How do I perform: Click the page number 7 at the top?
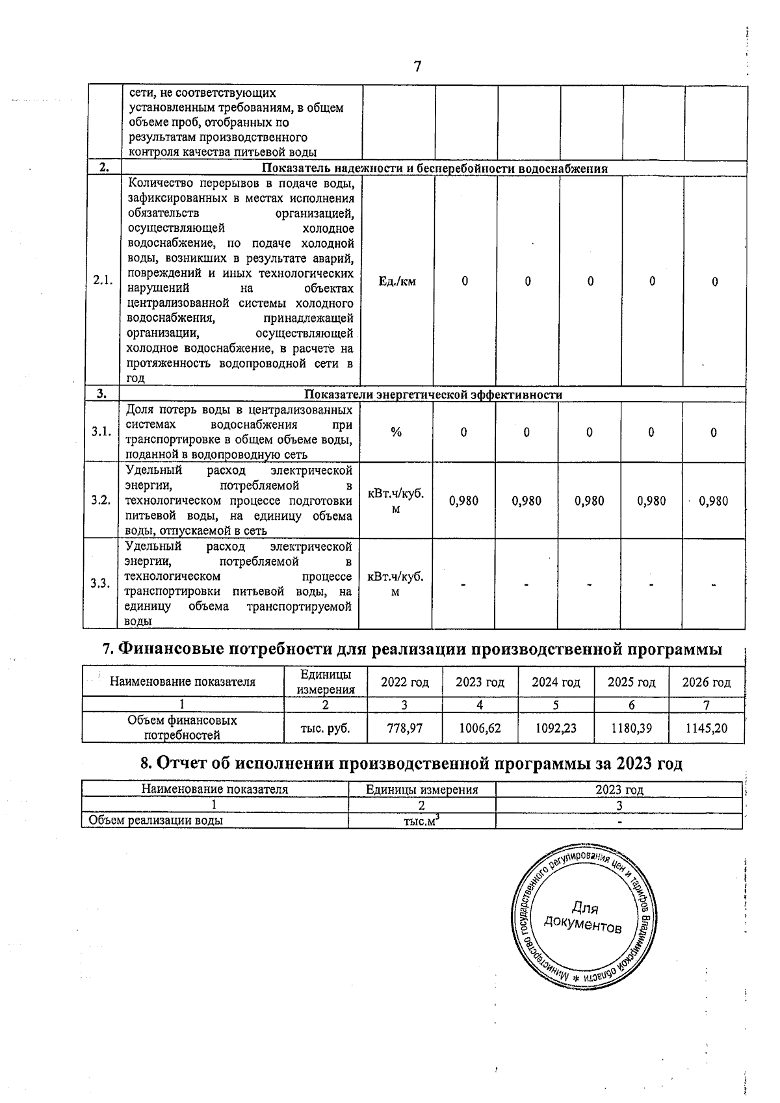417,66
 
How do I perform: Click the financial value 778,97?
405,728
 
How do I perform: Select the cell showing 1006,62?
480,728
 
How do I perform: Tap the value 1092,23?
556,728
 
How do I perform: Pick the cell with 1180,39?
630,728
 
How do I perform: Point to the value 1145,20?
707,728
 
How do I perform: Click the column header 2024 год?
556,682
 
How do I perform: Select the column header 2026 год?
707,682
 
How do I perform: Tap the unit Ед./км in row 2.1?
396,281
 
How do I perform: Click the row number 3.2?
101,500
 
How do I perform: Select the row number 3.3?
101,583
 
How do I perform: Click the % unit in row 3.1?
396,432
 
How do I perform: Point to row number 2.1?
103,281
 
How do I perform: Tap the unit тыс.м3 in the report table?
421,821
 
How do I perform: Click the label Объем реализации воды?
156,821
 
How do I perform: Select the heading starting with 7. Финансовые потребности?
413,649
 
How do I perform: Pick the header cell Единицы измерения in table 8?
422,790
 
